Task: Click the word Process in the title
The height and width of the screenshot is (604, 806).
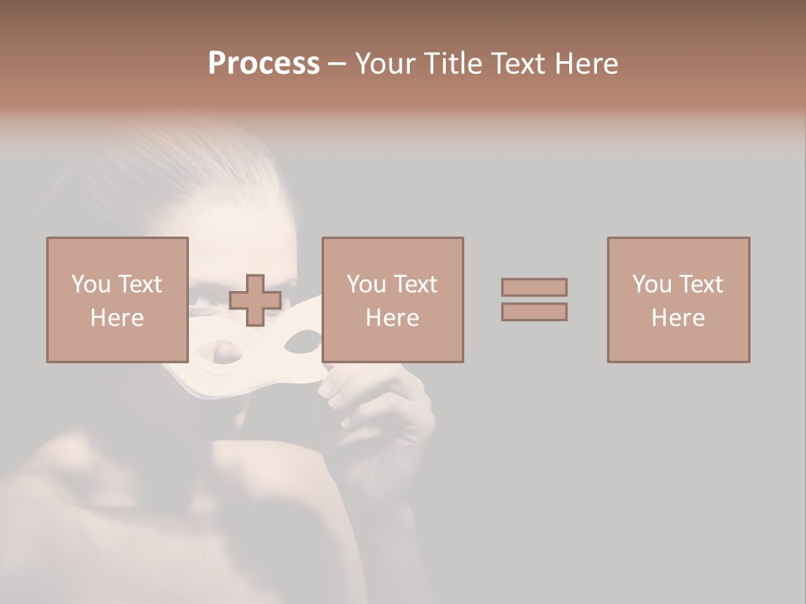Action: pos(264,64)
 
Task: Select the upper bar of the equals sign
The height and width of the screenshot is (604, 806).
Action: pos(534,287)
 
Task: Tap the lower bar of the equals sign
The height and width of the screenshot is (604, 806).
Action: pos(534,312)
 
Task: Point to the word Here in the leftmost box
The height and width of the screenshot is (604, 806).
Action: pos(117,318)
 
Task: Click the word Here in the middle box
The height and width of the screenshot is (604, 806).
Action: pos(392,318)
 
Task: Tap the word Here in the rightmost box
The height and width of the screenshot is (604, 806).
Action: pos(678,318)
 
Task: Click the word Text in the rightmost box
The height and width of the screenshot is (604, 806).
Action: pos(701,284)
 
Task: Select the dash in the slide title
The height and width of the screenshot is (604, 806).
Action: pos(338,64)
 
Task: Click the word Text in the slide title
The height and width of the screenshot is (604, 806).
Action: pos(516,64)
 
